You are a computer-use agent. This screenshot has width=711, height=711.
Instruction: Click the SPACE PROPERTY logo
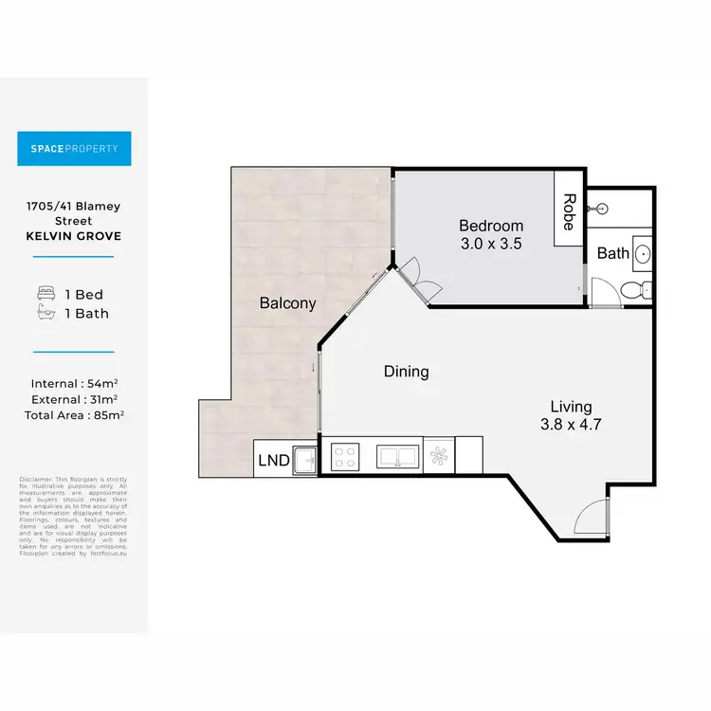coord(74,149)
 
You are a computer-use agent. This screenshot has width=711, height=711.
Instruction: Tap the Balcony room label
coord(287,303)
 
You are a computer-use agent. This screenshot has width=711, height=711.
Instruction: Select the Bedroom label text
coord(491,226)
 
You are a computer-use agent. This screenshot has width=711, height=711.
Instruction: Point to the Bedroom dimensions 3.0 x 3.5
coord(491,243)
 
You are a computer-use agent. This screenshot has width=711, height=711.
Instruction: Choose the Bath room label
coord(612,253)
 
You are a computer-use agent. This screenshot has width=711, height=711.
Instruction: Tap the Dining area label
coord(406,372)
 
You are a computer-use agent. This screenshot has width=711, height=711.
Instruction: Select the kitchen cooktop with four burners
coord(345,456)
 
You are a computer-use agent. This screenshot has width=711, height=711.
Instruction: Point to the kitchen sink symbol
coord(397,456)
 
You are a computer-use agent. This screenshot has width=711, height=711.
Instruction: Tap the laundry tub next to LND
coord(305,459)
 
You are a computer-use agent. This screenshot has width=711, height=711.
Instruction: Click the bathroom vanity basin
coord(642,254)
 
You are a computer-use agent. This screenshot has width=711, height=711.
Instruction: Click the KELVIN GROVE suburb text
coord(74,236)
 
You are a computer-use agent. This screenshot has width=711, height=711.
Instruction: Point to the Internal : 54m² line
coord(74,384)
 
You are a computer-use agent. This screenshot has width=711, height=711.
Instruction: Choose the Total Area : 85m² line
coord(74,414)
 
